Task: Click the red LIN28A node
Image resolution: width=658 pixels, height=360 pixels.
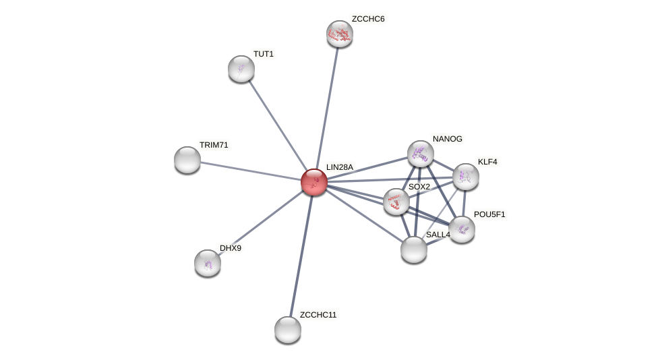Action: click(313, 181)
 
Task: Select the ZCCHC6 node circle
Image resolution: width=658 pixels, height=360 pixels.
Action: click(340, 34)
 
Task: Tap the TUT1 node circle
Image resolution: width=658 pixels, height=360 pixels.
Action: click(241, 69)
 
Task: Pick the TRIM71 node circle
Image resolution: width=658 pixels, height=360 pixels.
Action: click(187, 160)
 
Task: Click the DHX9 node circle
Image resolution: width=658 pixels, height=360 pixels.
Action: click(208, 263)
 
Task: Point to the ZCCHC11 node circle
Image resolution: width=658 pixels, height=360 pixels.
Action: click(288, 329)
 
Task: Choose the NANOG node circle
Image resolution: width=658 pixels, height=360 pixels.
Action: click(421, 154)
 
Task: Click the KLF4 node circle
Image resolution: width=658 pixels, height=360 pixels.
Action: click(466, 177)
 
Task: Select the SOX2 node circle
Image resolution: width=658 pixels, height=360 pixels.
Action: click(396, 202)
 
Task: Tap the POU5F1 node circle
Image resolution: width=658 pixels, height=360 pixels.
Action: click(462, 229)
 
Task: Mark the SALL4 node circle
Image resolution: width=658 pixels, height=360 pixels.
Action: click(414, 249)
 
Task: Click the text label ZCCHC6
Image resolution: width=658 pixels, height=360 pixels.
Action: click(368, 19)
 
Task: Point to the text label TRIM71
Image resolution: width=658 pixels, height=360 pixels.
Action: click(214, 145)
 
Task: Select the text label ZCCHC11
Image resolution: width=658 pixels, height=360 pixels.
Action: click(318, 315)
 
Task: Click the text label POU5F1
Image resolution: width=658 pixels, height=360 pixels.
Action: click(489, 214)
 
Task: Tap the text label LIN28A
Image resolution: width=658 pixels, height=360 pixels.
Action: click(340, 167)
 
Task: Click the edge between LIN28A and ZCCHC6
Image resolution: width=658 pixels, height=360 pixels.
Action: click(327, 108)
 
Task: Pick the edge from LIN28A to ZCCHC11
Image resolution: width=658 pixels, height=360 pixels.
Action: click(301, 256)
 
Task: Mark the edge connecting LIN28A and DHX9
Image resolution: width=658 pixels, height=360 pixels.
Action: click(260, 222)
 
